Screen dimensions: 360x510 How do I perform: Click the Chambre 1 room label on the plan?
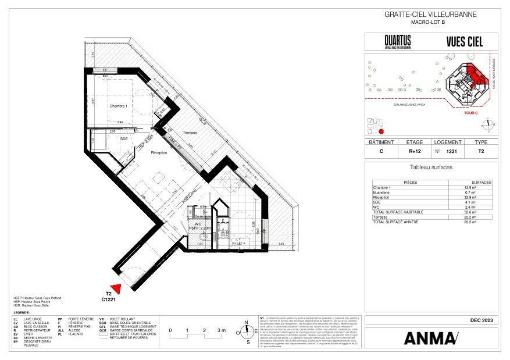point(118,106)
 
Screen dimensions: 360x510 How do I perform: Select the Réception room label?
point(159,153)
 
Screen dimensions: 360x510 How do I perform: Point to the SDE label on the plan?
point(123,138)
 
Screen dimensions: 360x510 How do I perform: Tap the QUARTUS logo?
point(397,41)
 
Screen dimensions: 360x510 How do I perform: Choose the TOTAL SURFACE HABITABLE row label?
point(398,212)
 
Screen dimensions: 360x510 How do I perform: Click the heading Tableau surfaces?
point(431,167)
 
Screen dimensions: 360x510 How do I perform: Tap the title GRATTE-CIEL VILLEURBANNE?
point(431,15)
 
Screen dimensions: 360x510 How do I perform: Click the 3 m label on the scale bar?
point(221,330)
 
